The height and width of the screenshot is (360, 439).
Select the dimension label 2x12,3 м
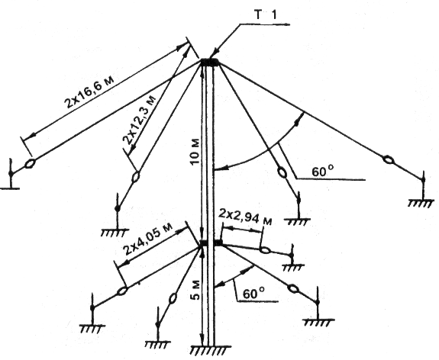point(139,120)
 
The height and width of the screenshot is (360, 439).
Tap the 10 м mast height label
point(195,151)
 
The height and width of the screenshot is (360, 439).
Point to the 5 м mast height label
point(196,290)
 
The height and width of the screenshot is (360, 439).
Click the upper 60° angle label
point(323,171)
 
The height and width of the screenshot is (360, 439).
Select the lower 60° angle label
point(253,293)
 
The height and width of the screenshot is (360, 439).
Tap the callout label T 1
point(266,15)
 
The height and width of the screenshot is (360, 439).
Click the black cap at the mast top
point(211,62)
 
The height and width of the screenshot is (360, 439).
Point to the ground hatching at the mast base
point(211,350)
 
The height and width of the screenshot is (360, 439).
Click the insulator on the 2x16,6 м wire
point(30,163)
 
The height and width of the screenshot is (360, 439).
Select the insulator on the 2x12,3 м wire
point(136,176)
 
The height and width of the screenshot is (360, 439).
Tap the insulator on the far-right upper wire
point(388,160)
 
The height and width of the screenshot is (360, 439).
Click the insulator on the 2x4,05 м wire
point(122,291)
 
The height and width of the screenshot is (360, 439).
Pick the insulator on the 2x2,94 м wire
point(265,250)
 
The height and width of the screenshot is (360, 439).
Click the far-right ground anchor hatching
point(421,203)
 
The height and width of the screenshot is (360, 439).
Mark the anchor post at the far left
point(11,174)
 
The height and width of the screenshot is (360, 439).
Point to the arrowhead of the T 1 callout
point(215,54)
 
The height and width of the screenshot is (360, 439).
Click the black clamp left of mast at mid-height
point(204,243)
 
